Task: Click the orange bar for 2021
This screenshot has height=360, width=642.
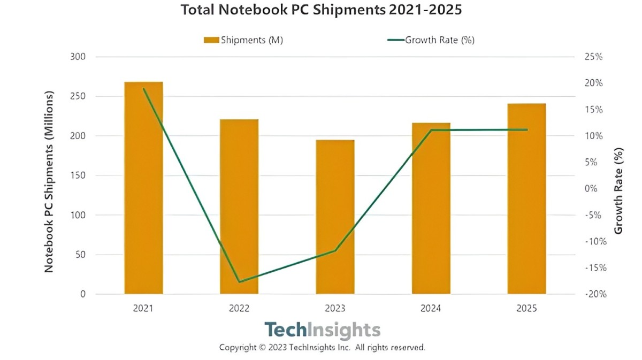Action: click(143, 188)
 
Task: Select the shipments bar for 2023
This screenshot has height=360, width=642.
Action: click(335, 217)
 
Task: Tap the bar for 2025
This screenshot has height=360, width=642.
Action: click(526, 198)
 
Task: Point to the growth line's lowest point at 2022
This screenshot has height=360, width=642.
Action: click(239, 282)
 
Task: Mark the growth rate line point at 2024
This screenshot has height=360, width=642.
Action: click(431, 130)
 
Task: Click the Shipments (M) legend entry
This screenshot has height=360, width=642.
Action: click(243, 40)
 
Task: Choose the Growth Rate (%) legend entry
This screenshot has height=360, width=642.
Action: click(430, 40)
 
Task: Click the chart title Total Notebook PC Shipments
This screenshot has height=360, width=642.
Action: click(321, 10)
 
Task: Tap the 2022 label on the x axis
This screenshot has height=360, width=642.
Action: click(239, 309)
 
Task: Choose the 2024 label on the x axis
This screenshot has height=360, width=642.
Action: click(431, 309)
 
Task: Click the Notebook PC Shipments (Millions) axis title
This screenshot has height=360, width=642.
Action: click(49, 181)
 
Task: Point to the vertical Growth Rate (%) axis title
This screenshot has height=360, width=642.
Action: click(619, 192)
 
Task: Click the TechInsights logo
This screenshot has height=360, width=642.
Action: click(323, 330)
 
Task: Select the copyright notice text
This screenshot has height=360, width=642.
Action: click(322, 347)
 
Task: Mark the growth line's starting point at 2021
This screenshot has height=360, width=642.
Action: click(143, 89)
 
